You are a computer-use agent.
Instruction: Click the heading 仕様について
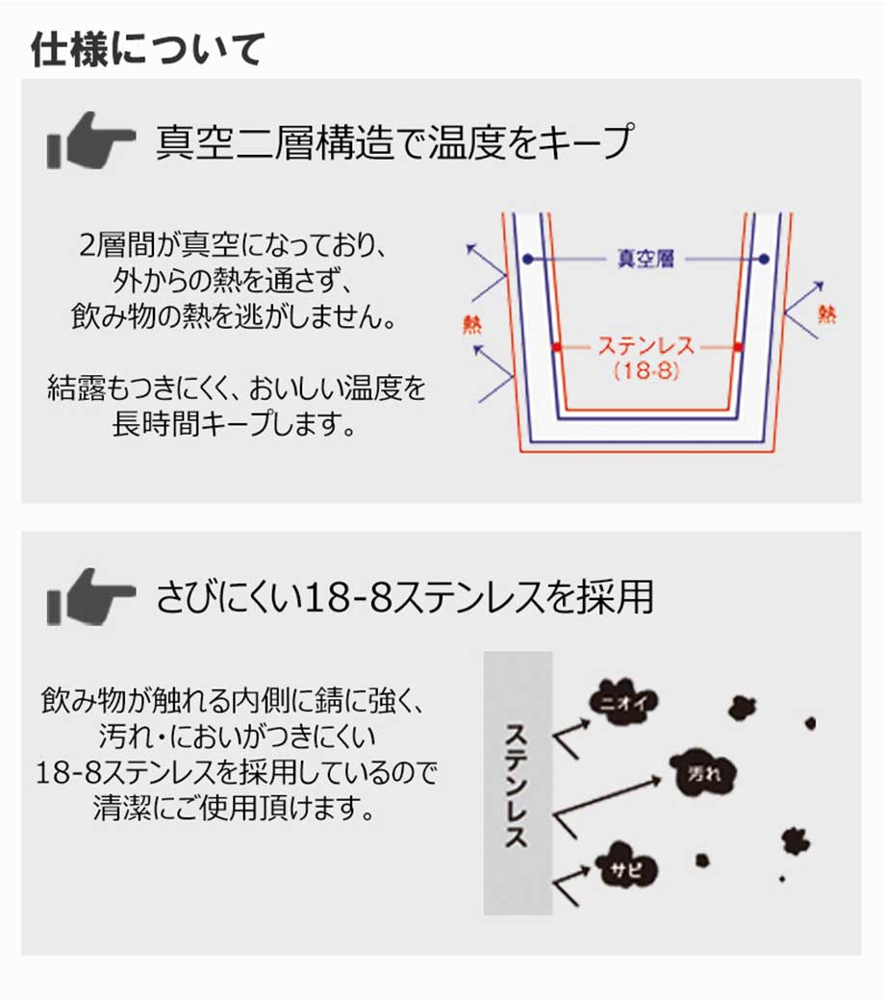click(x=147, y=50)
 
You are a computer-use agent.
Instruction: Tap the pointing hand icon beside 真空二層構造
click(x=90, y=141)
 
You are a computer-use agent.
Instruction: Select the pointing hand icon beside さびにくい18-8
click(x=90, y=597)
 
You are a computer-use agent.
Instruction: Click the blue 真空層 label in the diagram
click(x=645, y=259)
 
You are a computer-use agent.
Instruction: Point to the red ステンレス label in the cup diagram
click(x=645, y=345)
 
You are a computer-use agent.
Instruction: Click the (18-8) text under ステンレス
click(x=645, y=371)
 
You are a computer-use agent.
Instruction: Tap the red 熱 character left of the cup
click(x=472, y=325)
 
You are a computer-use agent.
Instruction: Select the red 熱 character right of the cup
click(x=827, y=313)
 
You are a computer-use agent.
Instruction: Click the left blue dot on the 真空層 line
click(x=528, y=259)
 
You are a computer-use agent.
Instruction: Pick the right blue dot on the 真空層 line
click(x=764, y=259)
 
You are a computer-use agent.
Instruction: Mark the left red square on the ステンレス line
click(x=556, y=347)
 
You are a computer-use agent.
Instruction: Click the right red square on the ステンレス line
click(x=738, y=347)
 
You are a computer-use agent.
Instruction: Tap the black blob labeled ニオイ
click(x=624, y=703)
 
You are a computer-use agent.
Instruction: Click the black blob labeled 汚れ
click(x=704, y=774)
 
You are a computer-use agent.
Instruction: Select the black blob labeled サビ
click(x=626, y=867)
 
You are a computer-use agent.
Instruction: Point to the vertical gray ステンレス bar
click(x=518, y=783)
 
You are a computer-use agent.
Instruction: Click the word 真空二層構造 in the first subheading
click(x=274, y=141)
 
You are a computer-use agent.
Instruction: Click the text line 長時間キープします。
click(x=234, y=423)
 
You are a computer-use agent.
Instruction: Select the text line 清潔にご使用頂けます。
click(x=234, y=808)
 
